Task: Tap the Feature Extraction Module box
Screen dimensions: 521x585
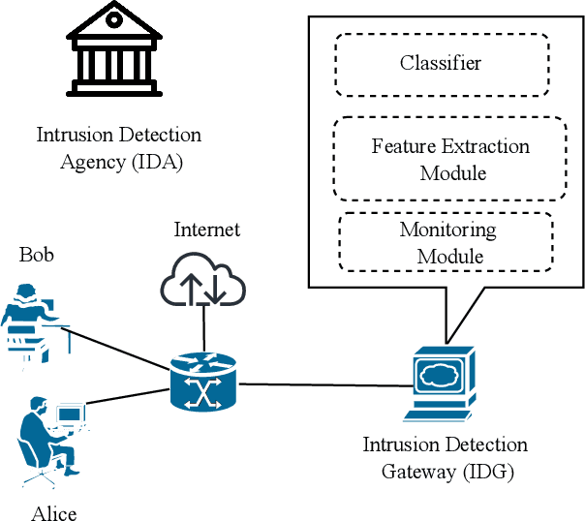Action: [x=448, y=160]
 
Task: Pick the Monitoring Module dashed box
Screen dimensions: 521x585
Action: [x=446, y=242]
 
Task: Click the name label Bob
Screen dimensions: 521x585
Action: [x=37, y=255]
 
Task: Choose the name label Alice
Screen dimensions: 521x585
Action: [x=53, y=512]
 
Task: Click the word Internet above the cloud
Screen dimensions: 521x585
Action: [x=207, y=230]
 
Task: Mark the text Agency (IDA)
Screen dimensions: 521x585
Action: [x=121, y=161]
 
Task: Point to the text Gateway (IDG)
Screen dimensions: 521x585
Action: [x=445, y=472]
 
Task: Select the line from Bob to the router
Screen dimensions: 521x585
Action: [x=116, y=347]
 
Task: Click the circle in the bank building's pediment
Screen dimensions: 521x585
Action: [x=114, y=18]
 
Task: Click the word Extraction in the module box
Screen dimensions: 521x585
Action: [x=473, y=147]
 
